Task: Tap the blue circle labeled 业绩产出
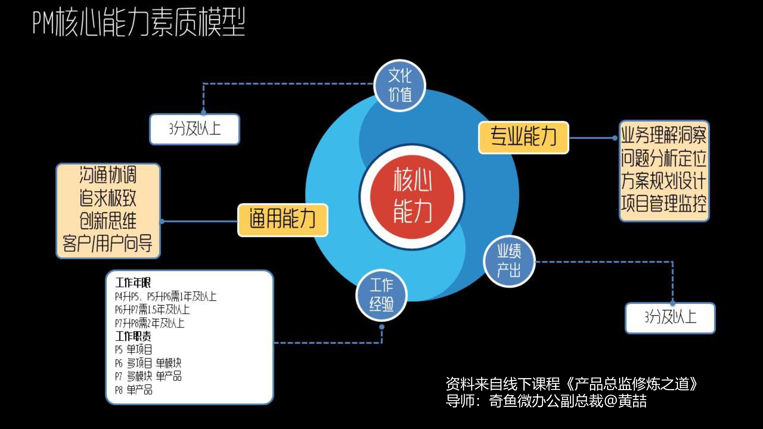click(x=509, y=261)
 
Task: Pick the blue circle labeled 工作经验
click(x=381, y=295)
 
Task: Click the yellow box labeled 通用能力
click(x=282, y=220)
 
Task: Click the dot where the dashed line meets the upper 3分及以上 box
click(x=204, y=112)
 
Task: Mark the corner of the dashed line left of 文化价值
click(x=204, y=84)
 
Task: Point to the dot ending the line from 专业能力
click(x=615, y=138)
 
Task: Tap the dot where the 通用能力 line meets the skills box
click(x=162, y=221)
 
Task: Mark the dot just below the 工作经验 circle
click(x=382, y=327)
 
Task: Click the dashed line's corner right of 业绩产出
click(x=672, y=262)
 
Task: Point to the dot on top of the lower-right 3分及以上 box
click(x=672, y=303)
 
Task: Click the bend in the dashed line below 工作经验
click(x=382, y=343)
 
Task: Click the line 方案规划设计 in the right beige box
click(x=663, y=180)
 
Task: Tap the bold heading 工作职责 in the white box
click(x=133, y=336)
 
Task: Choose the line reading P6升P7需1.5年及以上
click(x=152, y=310)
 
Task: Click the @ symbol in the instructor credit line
click(x=610, y=401)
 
